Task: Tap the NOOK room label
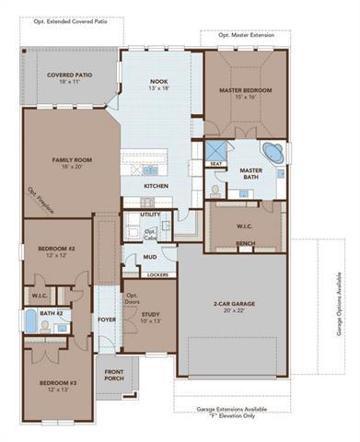point(158,83)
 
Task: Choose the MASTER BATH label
point(252,170)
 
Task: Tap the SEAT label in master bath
point(216,164)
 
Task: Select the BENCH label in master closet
point(245,244)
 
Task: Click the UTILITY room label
point(151,215)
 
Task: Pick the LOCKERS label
point(157,274)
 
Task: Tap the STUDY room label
point(151,314)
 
